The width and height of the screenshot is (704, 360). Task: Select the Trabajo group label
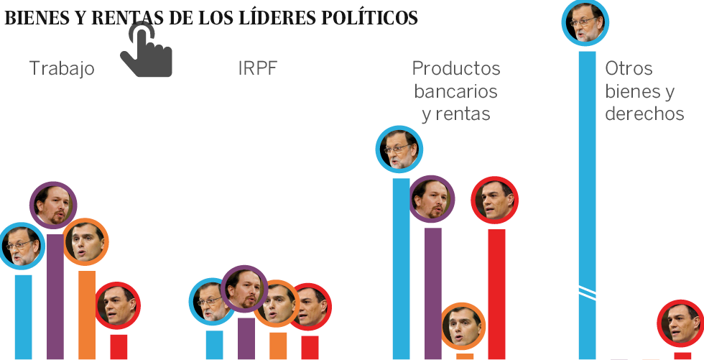pos(62,69)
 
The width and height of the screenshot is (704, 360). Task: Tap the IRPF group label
pos(257,69)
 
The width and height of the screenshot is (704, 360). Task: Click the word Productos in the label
pos(456,69)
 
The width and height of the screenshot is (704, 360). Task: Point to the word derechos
pos(644,114)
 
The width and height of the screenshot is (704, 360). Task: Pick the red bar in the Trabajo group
pos(119,346)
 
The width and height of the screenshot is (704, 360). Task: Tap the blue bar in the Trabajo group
pos(24,316)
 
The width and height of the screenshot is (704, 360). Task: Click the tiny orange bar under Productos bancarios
pos(465,356)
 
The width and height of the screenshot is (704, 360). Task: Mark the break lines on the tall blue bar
pos(588,290)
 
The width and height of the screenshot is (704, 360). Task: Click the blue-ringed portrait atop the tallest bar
pos(587,24)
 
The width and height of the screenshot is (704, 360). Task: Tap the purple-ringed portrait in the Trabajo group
pos(52,205)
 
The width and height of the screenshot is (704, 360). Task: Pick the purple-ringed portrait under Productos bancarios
pos(432,198)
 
